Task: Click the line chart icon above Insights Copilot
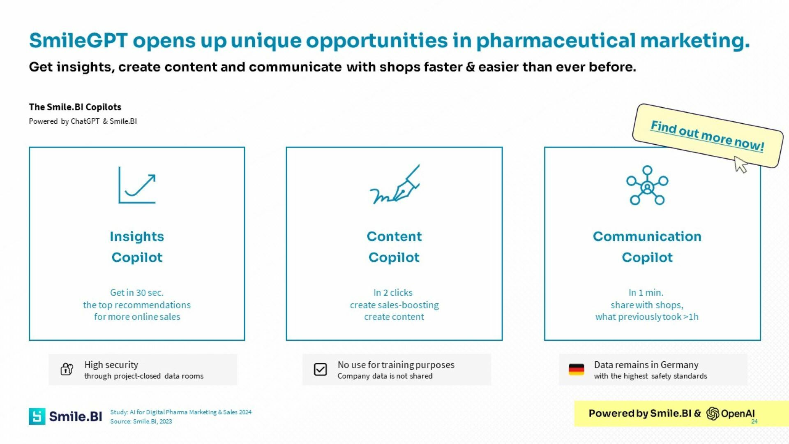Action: pos(137,185)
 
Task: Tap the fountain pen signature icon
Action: pos(394,185)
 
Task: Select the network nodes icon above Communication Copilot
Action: pos(647,185)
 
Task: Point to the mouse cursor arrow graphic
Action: pos(741,164)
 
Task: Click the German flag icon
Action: pos(576,369)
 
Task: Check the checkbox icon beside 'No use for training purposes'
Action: pos(320,369)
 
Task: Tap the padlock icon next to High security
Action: pos(67,369)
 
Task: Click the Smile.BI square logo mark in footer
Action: pos(37,416)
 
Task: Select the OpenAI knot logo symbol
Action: pos(713,414)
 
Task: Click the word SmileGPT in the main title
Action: pos(78,40)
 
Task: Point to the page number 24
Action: pos(754,421)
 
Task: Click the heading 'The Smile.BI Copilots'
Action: pos(75,107)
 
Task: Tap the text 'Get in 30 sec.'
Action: pos(137,293)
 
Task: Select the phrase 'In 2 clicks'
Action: pos(393,293)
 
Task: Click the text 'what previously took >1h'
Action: pos(647,317)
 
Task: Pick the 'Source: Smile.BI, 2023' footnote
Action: pos(141,421)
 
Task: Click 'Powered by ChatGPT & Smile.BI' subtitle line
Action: pos(83,121)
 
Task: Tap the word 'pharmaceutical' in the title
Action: pos(556,40)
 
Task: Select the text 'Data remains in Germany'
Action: pos(646,365)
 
